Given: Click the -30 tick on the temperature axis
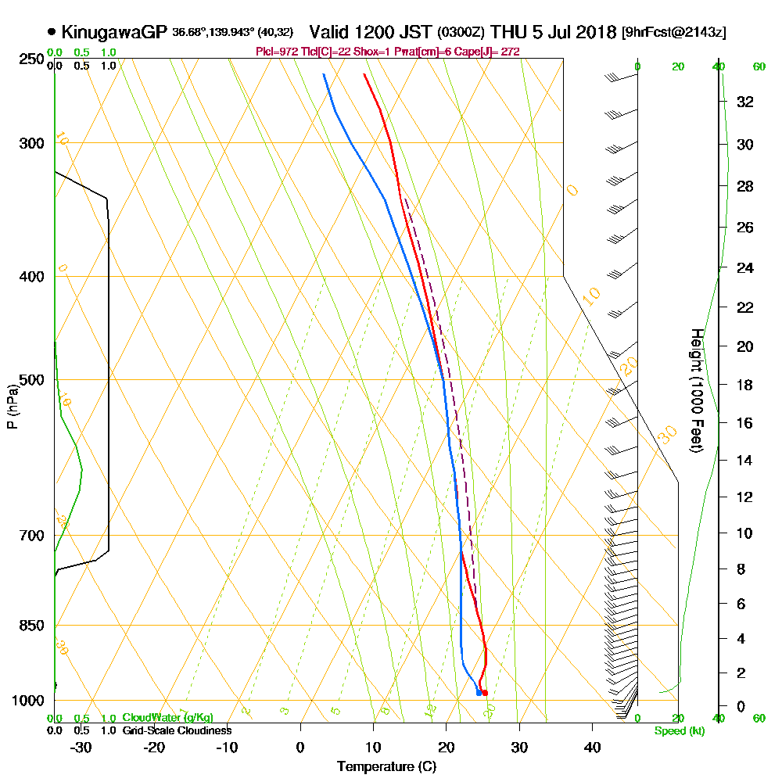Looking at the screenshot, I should (81, 747).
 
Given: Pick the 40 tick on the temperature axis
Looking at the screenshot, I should (592, 747).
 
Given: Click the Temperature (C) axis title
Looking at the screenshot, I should (386, 767).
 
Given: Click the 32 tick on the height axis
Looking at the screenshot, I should (745, 101).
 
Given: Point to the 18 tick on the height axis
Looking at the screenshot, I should (745, 385).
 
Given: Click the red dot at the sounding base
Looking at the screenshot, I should (485, 693).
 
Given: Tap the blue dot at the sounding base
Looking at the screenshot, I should (479, 693).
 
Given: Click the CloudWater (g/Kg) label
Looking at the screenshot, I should (167, 718).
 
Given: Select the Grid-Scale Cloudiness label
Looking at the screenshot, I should (177, 730).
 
